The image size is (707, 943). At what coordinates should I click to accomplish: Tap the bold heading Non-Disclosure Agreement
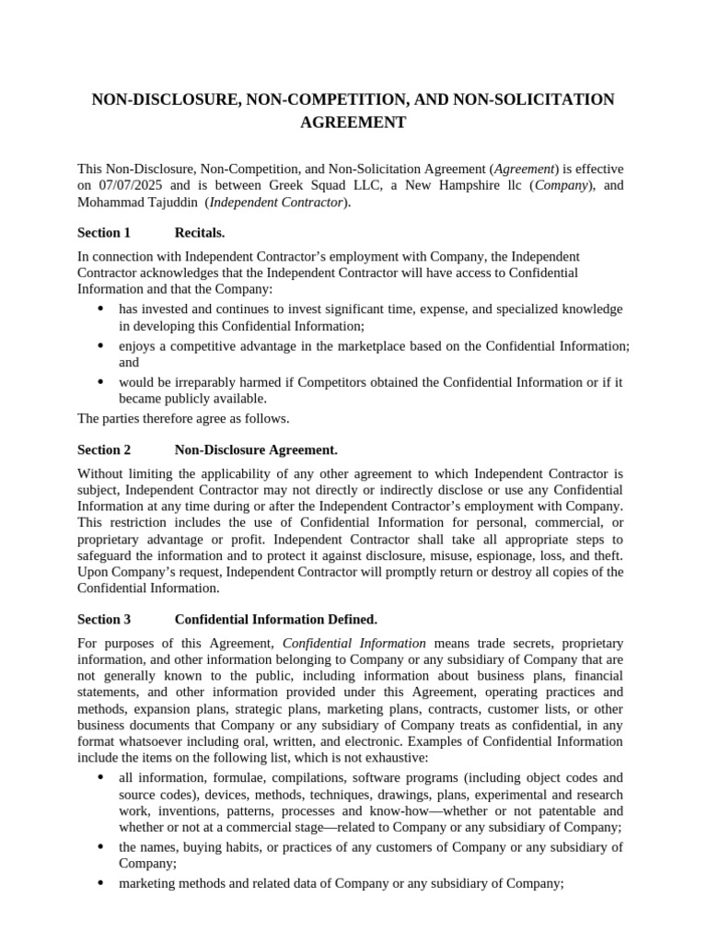(x=256, y=450)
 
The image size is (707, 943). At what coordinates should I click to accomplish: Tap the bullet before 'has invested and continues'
(x=99, y=309)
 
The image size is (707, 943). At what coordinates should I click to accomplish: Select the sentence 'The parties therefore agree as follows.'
(x=183, y=419)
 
